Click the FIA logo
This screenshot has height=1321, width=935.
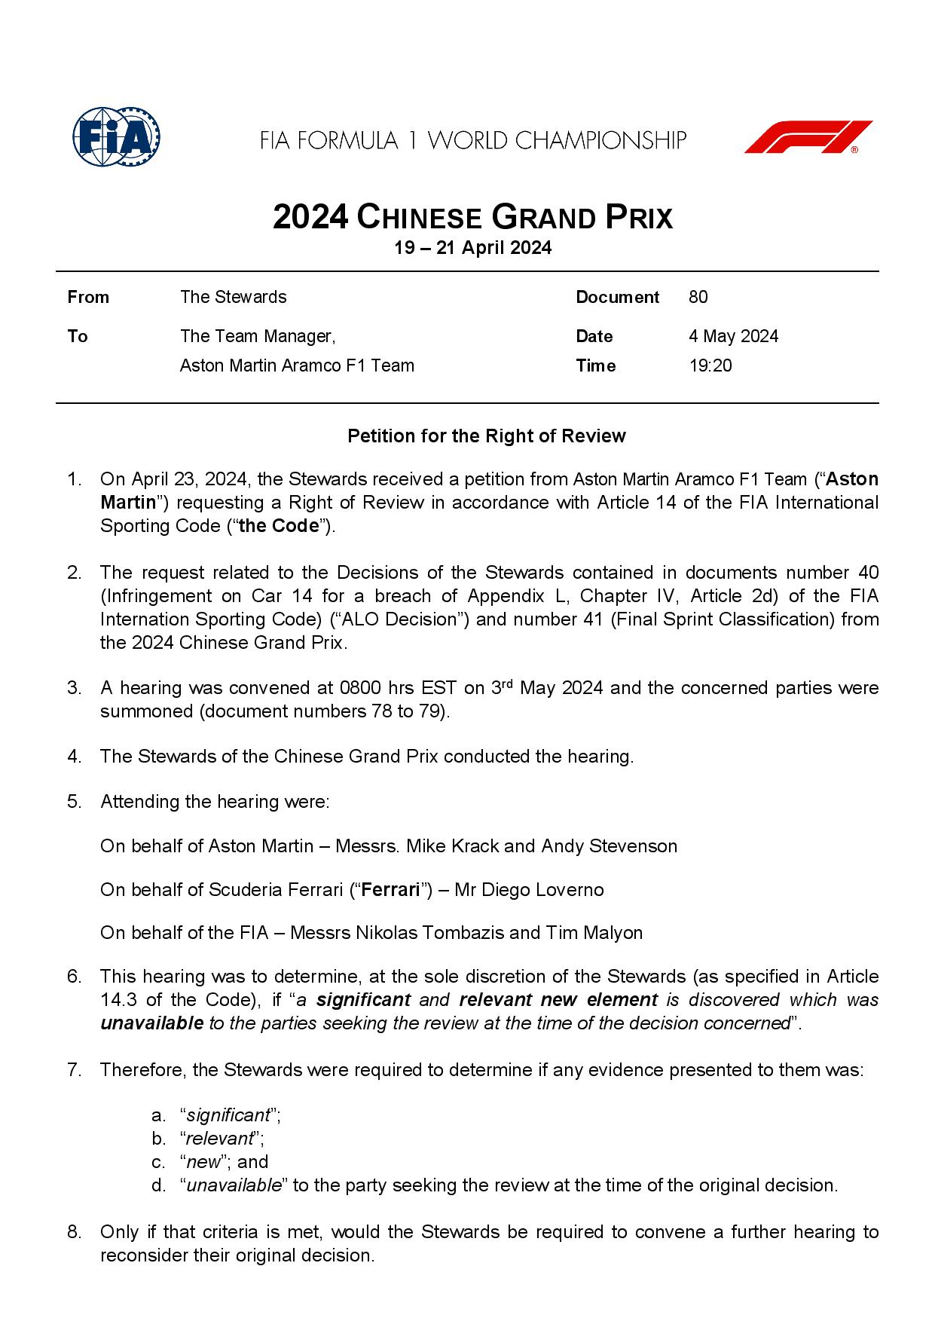117,138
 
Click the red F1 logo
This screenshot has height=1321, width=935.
808,137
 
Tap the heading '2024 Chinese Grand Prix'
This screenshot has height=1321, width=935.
472,217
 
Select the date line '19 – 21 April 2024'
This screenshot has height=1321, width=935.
472,248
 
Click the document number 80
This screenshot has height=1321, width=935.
698,297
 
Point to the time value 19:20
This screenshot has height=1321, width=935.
710,365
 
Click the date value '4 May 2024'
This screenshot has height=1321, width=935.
733,336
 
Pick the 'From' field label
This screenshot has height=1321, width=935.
88,297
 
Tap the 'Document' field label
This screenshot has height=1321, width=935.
617,297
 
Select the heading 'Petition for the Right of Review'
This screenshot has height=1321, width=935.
486,436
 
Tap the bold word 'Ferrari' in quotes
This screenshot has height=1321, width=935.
390,890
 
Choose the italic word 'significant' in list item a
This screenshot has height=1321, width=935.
228,1115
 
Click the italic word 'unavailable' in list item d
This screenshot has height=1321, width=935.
234,1185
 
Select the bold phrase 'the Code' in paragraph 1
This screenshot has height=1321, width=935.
279,526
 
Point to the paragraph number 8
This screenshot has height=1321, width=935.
74,1232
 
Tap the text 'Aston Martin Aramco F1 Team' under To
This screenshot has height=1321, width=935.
297,365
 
